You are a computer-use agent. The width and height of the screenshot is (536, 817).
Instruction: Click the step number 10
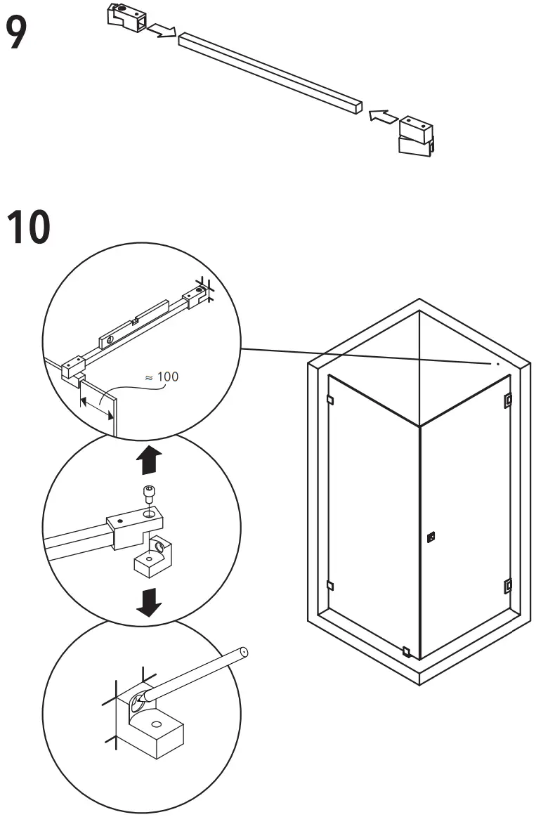tap(29, 227)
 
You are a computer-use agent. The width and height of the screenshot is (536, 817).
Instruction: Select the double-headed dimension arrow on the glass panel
tap(97, 408)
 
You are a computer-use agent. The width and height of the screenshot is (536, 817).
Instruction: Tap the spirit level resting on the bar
tap(133, 324)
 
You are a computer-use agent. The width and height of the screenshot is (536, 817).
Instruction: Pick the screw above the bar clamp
tap(148, 496)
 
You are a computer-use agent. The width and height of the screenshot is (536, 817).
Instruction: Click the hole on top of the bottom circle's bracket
tap(156, 724)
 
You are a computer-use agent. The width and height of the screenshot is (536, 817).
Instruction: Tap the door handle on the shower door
tap(431, 537)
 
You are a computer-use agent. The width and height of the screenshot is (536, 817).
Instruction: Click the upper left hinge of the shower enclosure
tap(329, 400)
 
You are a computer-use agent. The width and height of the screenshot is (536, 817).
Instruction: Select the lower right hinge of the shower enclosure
tap(508, 584)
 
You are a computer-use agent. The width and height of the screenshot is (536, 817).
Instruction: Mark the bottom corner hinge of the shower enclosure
tap(406, 651)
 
